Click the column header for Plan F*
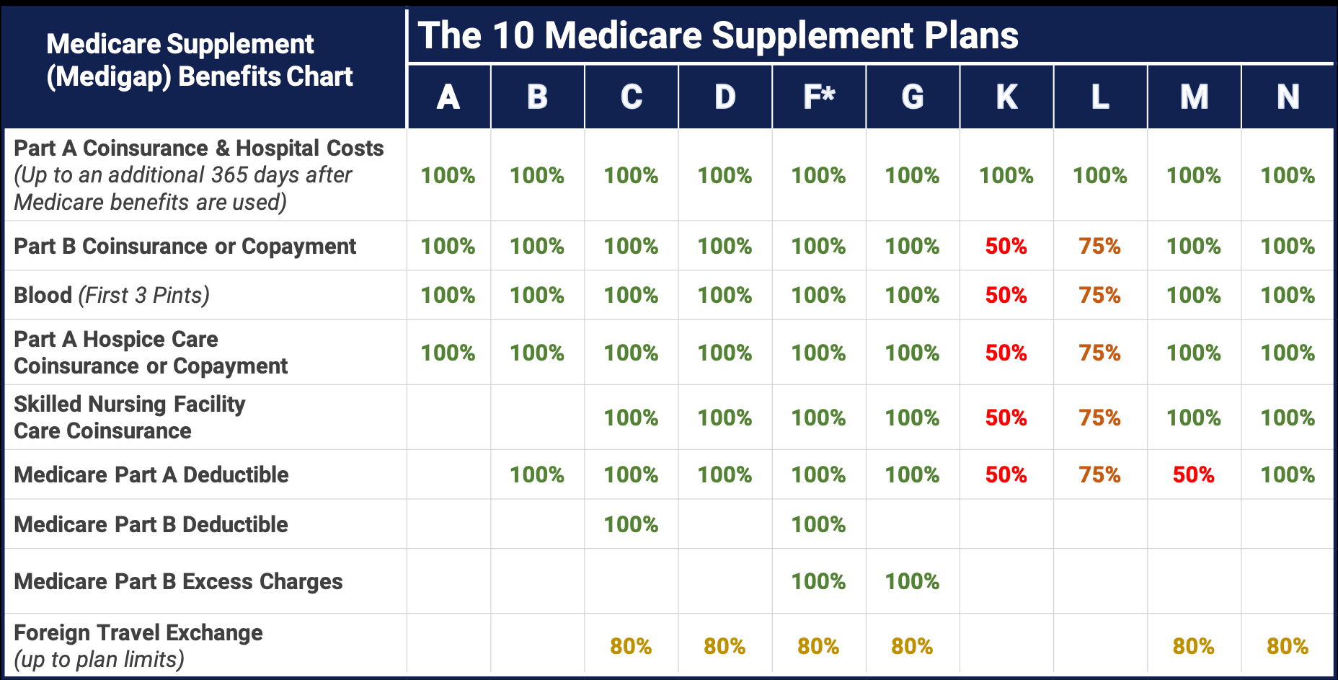[818, 97]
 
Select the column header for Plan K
[1006, 97]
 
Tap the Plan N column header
[1288, 97]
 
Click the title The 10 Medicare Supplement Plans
[717, 35]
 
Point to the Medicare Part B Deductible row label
[151, 524]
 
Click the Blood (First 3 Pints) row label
[112, 295]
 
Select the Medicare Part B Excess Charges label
[178, 581]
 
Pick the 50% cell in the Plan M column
[1193, 474]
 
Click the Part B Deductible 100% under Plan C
[631, 524]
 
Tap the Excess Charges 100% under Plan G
[912, 581]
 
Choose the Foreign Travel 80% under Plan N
[1288, 646]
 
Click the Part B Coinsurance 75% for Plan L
[1099, 246]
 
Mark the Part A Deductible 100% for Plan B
[537, 474]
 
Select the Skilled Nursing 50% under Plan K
[1006, 418]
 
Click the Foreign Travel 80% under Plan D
[725, 646]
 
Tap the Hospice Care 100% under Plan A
[448, 353]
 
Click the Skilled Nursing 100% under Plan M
[1193, 418]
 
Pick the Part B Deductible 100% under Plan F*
[818, 524]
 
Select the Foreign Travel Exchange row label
[138, 632]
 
